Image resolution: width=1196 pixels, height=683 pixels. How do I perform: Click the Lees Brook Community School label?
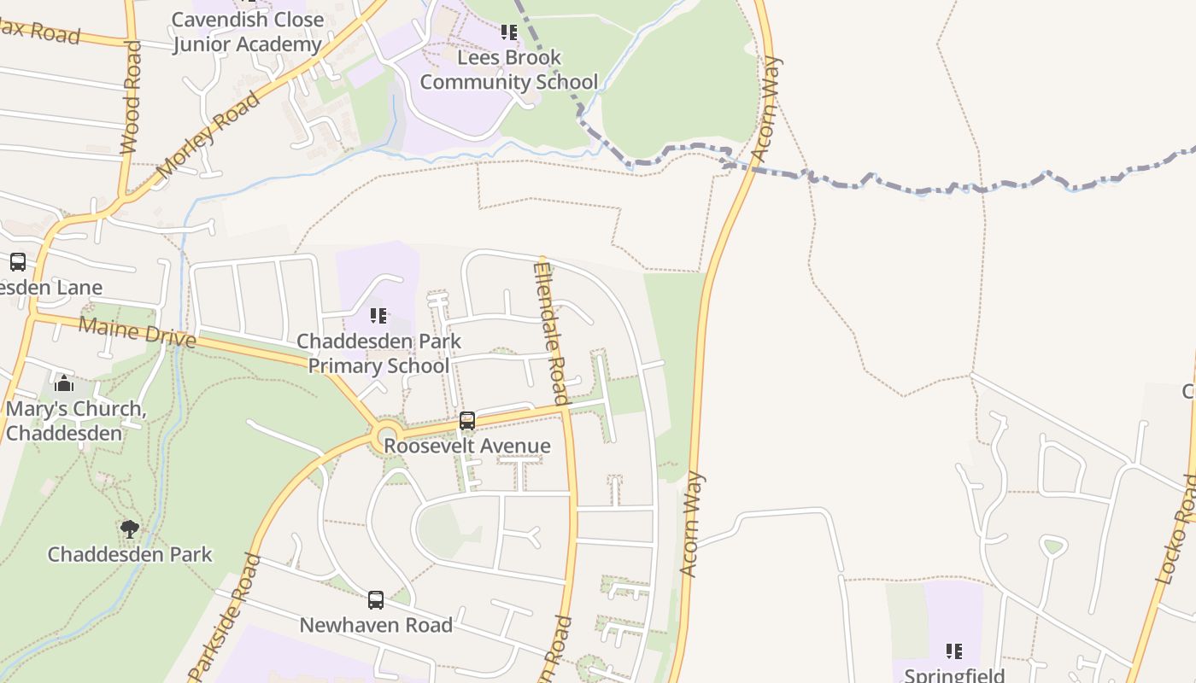(x=508, y=70)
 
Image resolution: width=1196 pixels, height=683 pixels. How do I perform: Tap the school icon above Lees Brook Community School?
(x=508, y=32)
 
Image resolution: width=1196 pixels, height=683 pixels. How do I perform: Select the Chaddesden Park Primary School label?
(x=378, y=353)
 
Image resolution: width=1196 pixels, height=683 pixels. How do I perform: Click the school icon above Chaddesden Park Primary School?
(x=378, y=316)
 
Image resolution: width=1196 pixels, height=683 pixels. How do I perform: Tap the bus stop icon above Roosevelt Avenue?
(x=467, y=420)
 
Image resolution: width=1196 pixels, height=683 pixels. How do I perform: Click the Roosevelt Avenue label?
(x=466, y=446)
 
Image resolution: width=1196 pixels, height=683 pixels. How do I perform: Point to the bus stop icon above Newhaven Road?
(x=376, y=599)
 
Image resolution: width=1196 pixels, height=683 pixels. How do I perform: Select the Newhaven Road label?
(x=376, y=625)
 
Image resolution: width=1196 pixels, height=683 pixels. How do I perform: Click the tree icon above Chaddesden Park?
(x=130, y=528)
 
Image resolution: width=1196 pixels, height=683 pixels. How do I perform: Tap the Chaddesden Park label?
(x=130, y=554)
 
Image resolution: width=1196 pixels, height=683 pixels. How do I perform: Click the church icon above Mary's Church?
(x=63, y=383)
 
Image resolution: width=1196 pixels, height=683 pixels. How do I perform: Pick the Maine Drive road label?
(x=137, y=331)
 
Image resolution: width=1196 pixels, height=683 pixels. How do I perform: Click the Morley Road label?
(x=208, y=136)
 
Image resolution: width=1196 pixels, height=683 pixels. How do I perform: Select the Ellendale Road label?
(x=550, y=333)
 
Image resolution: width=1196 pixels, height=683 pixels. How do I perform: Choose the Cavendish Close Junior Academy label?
(x=248, y=32)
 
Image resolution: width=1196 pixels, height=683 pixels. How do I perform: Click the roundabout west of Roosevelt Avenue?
(x=388, y=438)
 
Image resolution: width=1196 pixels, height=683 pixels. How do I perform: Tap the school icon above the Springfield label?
(x=954, y=651)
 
